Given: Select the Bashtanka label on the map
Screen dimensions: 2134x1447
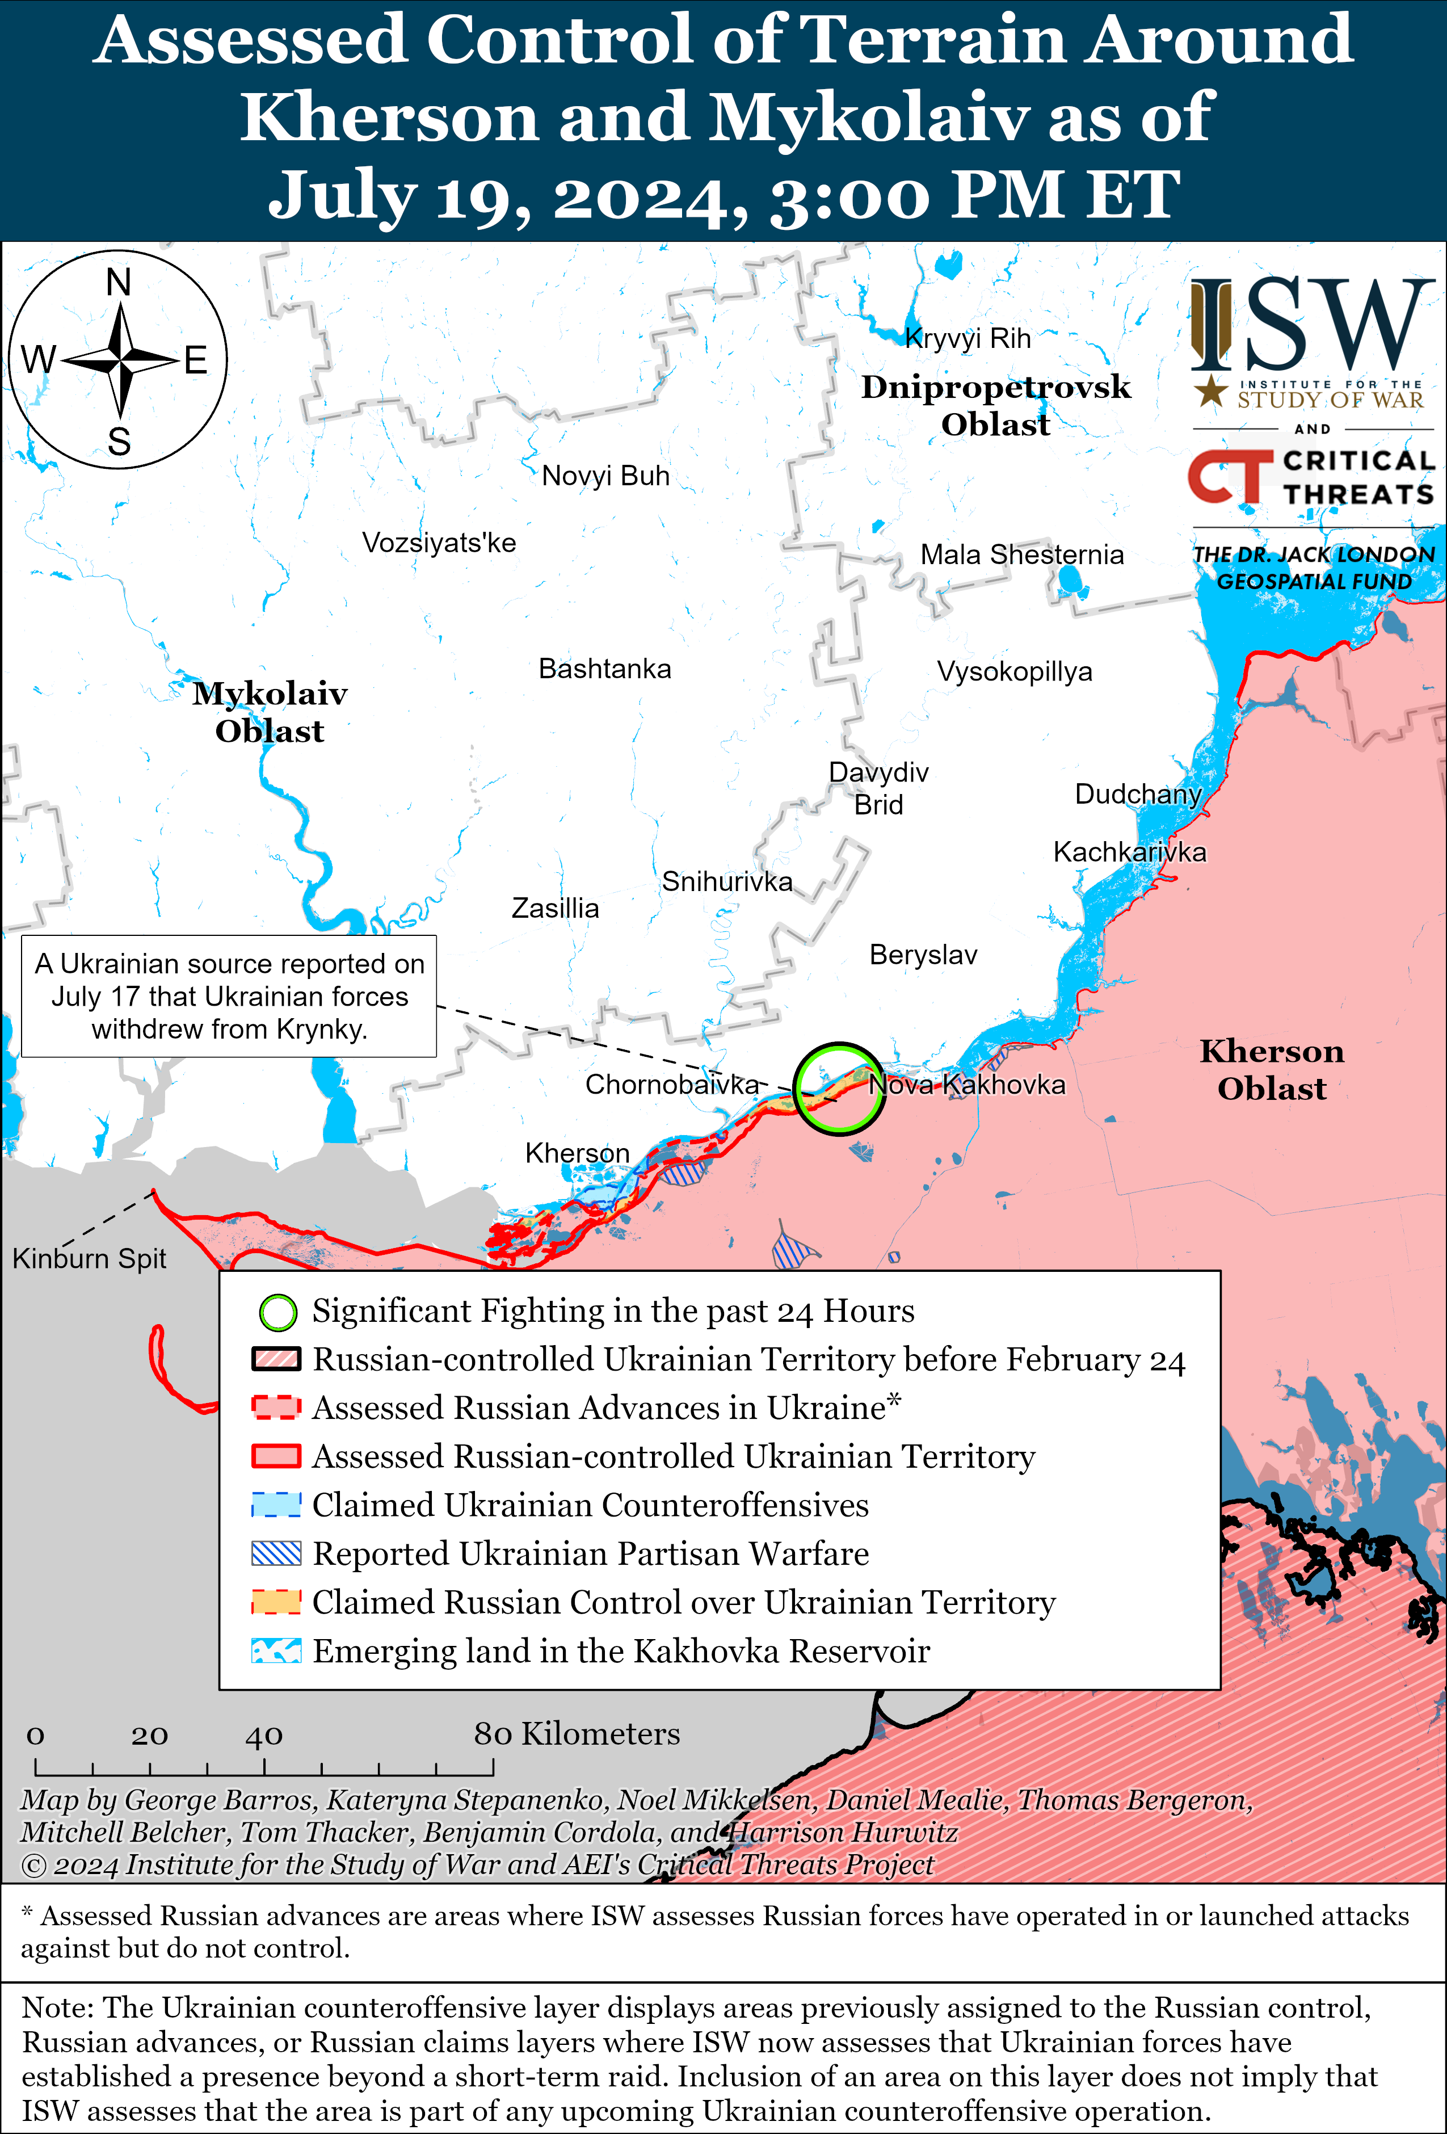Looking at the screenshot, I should click(x=604, y=669).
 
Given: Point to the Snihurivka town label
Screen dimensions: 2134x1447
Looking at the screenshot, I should click(x=726, y=881).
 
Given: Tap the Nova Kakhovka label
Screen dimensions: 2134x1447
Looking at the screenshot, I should click(x=967, y=1085).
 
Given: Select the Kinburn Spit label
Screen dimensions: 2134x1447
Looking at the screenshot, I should click(x=89, y=1258).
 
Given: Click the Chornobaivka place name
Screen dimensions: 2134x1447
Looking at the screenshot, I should click(x=671, y=1085).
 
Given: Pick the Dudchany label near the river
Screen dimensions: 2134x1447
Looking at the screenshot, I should click(x=1138, y=794).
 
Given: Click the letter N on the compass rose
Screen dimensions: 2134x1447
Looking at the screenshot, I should click(x=119, y=283).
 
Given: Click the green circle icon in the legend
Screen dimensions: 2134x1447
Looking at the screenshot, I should click(x=277, y=1312).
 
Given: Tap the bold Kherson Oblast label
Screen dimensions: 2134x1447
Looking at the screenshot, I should click(x=1272, y=1070).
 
